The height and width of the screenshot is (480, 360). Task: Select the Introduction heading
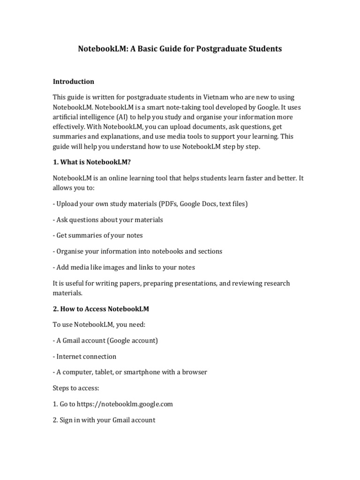click(x=73, y=82)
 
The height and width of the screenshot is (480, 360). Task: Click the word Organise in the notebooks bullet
click(x=70, y=251)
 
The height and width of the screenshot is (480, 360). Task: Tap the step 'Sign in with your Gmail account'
click(x=107, y=420)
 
